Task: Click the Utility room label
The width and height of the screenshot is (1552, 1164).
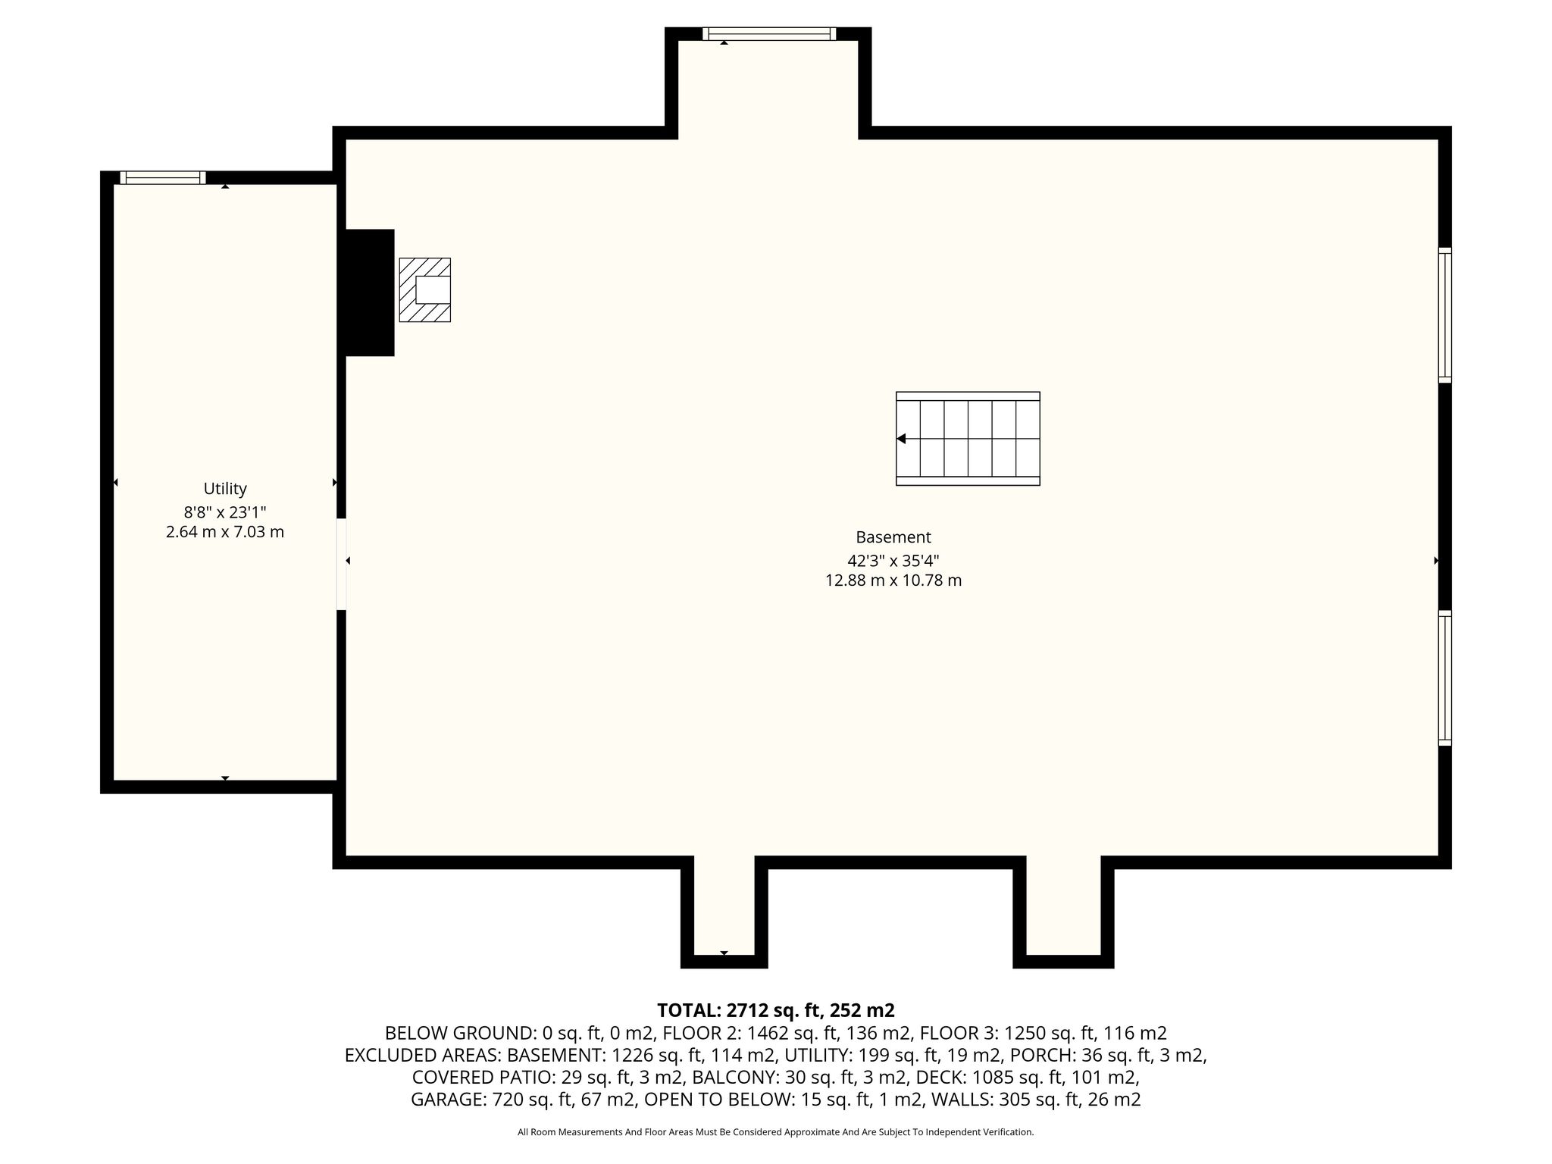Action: click(x=225, y=489)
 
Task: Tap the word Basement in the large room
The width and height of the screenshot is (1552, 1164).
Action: click(x=893, y=537)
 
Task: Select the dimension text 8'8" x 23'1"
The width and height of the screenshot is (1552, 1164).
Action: click(x=225, y=512)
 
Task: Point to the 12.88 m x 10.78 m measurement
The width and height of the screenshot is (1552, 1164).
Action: click(x=893, y=580)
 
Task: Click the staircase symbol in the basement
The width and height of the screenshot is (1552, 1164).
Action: click(x=968, y=439)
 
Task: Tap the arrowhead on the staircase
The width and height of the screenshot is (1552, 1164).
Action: click(x=901, y=439)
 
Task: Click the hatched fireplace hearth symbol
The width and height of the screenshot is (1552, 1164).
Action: click(x=425, y=289)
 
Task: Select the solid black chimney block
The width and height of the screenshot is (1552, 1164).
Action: click(x=370, y=293)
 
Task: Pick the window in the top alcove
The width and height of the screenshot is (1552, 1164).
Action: click(x=769, y=33)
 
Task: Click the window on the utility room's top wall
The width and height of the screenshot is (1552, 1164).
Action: click(x=163, y=177)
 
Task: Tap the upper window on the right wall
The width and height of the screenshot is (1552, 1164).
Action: click(x=1445, y=315)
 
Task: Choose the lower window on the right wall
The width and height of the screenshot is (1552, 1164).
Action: click(x=1445, y=677)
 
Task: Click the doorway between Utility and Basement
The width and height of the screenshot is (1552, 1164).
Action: click(x=341, y=564)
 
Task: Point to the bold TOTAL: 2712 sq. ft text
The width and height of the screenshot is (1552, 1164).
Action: click(x=739, y=1010)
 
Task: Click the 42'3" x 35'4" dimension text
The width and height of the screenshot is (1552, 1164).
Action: click(x=893, y=561)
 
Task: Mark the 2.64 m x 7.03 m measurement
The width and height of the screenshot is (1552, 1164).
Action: click(x=225, y=532)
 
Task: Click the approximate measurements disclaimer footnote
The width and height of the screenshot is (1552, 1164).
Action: click(x=775, y=1132)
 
